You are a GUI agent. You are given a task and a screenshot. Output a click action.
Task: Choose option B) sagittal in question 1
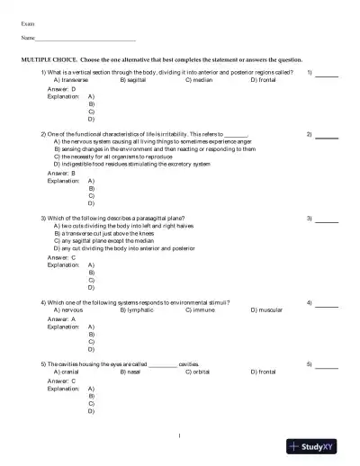coord(136,79)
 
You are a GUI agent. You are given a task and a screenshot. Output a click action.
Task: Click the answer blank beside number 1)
coord(326,75)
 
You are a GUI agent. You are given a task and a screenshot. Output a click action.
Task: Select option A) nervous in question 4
coord(69,310)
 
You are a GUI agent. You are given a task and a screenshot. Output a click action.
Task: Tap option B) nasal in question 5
coord(132,371)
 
